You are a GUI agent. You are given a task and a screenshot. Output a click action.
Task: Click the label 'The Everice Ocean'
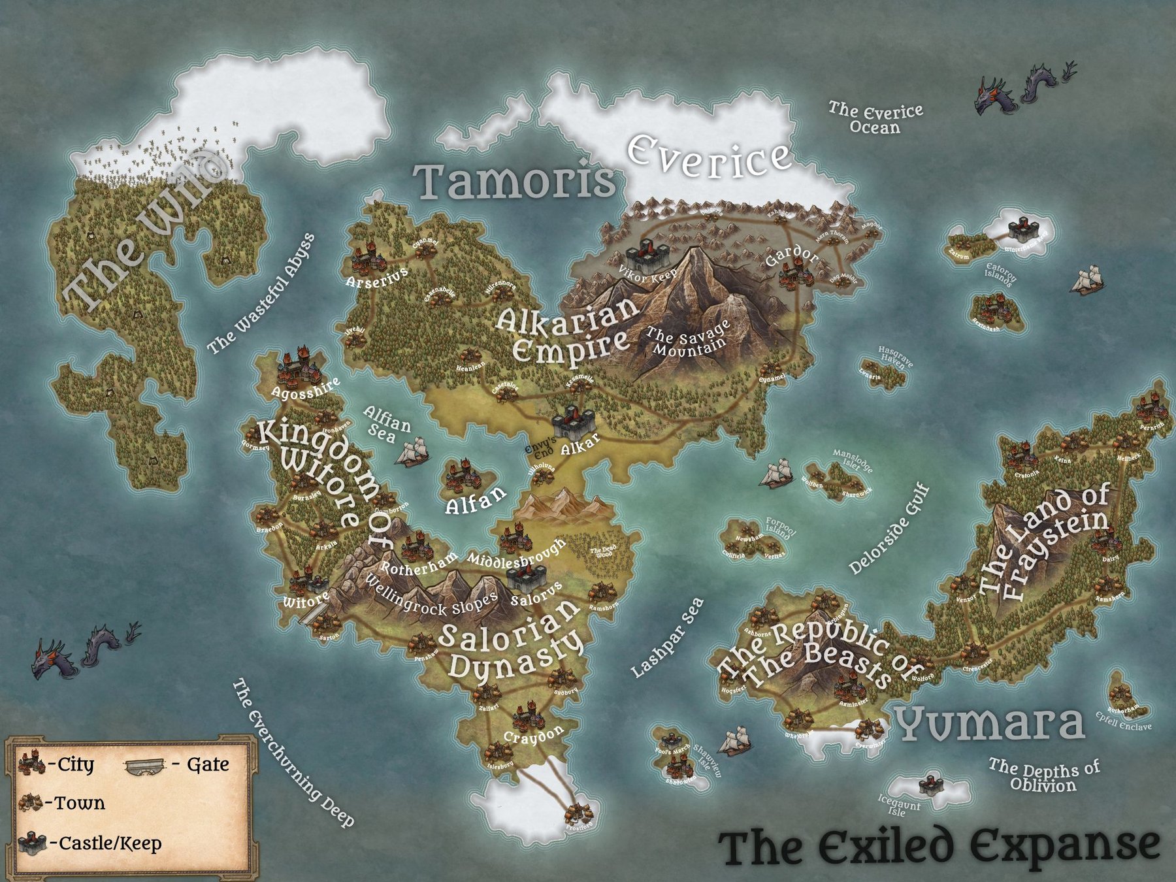(x=875, y=118)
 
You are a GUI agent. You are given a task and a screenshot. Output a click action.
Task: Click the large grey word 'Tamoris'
(x=515, y=181)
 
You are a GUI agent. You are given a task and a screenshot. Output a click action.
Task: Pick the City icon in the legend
(x=31, y=763)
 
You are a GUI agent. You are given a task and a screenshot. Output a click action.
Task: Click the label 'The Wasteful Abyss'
(x=261, y=295)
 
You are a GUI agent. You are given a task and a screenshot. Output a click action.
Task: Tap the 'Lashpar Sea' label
(x=667, y=638)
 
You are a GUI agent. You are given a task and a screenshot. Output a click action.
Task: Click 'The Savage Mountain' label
(x=687, y=340)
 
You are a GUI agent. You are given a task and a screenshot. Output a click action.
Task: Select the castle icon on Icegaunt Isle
(x=929, y=784)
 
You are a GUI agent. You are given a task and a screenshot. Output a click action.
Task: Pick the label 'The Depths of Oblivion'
(x=1043, y=776)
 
